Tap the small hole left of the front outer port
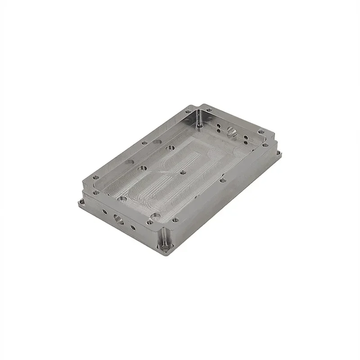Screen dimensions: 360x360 [x=104, y=211]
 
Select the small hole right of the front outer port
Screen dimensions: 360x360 [x=133, y=227]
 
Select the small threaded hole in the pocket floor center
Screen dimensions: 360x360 [x=182, y=172]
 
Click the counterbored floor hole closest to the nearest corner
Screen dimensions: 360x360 [x=156, y=216]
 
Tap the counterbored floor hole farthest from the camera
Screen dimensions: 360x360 [x=171, y=147]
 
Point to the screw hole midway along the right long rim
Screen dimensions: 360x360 [x=223, y=180]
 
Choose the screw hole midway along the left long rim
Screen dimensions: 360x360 [x=144, y=143]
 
